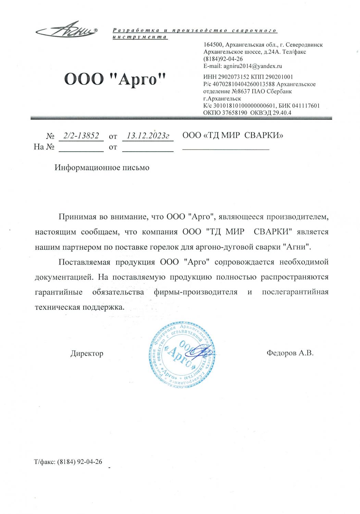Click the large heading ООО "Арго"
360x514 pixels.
coord(115,80)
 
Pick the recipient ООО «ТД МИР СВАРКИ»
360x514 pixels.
coord(233,135)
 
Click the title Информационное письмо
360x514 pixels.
coord(102,168)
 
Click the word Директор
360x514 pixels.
coord(87,353)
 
